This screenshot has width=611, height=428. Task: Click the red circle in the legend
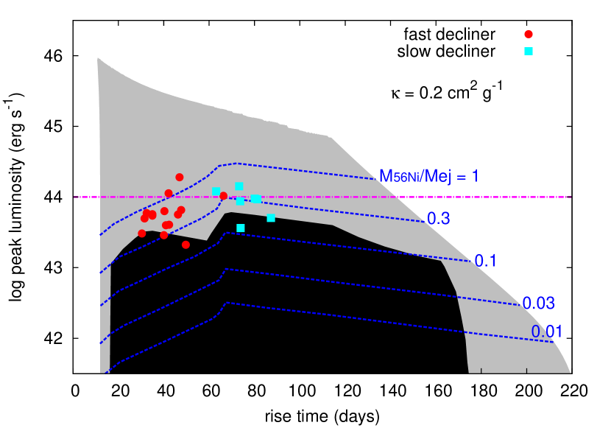coord(529,34)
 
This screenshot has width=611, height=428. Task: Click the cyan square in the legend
coord(529,51)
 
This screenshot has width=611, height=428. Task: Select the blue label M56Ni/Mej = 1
coord(428,176)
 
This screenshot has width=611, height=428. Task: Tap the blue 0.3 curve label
coord(439,218)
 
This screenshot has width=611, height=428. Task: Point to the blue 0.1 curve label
coord(486,260)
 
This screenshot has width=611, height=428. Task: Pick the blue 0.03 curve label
coord(538,303)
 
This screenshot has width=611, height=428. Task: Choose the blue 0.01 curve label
coord(547,331)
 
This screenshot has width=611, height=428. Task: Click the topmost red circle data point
coord(180,177)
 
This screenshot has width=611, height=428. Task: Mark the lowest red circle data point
coord(186,245)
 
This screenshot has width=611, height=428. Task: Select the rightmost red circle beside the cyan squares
coord(224,196)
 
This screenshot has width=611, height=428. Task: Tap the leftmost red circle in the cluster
coord(142,234)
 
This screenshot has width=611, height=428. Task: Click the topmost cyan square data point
coord(239,186)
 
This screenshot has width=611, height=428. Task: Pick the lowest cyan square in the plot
coord(241,228)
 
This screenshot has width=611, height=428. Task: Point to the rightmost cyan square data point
coord(271,217)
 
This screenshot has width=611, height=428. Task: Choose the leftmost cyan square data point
coord(216,191)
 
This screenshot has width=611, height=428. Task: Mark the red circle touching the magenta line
coord(169,194)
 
